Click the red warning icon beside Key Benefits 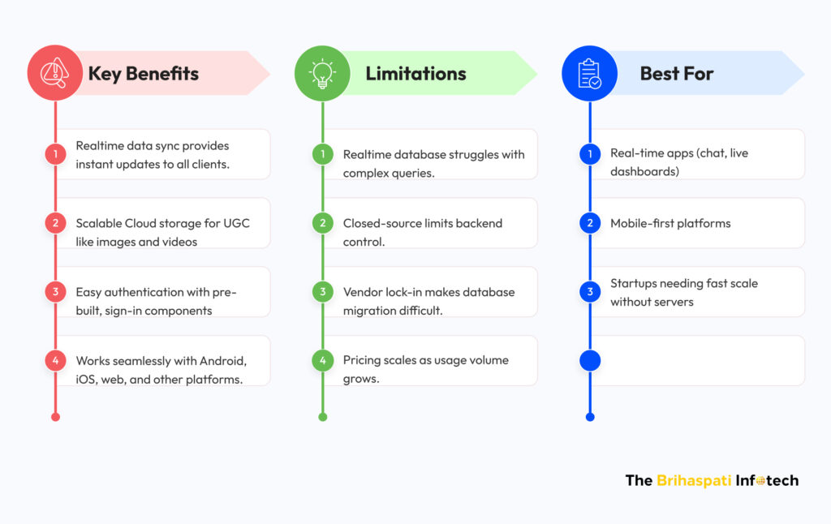coord(54,73)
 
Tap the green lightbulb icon coord(322,74)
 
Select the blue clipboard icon coord(589,74)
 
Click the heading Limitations coord(415,74)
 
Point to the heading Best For coord(676,74)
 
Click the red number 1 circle coord(55,154)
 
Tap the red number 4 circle coord(55,360)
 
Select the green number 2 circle coord(323,223)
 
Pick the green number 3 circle coord(323,291)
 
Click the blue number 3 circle coord(590,291)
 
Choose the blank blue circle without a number coord(590,360)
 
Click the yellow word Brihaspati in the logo coord(694,480)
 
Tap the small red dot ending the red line coord(55,417)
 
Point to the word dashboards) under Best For coord(644,172)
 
